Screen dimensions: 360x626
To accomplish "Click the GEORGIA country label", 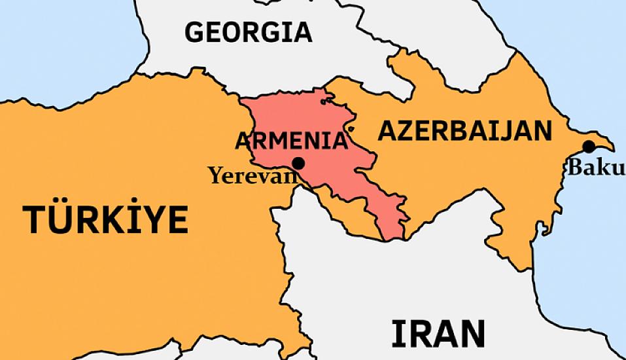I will [x=248, y=32].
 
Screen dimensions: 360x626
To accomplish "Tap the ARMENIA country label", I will [x=291, y=141].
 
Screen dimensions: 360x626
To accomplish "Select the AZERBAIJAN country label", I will [x=465, y=131].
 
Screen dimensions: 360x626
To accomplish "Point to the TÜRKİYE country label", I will [x=107, y=219].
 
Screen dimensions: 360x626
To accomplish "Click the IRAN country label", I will [x=438, y=333].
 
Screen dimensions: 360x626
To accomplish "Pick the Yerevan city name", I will [x=249, y=175].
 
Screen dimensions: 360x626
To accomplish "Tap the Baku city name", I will [x=595, y=168].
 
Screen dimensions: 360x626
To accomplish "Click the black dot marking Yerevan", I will [x=299, y=162].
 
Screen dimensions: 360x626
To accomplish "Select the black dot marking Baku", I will [x=589, y=146].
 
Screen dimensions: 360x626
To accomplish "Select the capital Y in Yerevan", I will [x=214, y=175].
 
